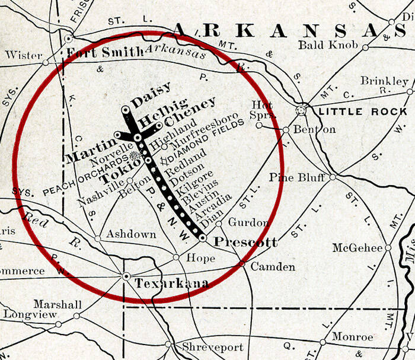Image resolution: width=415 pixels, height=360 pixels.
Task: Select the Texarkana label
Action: pyautogui.click(x=172, y=284)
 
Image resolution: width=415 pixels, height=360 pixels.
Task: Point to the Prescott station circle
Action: pyautogui.click(x=203, y=237)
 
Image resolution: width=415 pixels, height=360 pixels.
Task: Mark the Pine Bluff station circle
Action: pyautogui.click(x=333, y=177)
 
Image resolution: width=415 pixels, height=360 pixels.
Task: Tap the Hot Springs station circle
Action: pyautogui.click(x=258, y=125)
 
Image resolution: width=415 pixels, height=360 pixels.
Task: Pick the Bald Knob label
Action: pyautogui.click(x=328, y=45)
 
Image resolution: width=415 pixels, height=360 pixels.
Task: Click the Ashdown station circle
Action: pyautogui.click(x=97, y=239)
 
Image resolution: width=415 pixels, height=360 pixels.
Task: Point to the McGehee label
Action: pyautogui.click(x=357, y=247)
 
